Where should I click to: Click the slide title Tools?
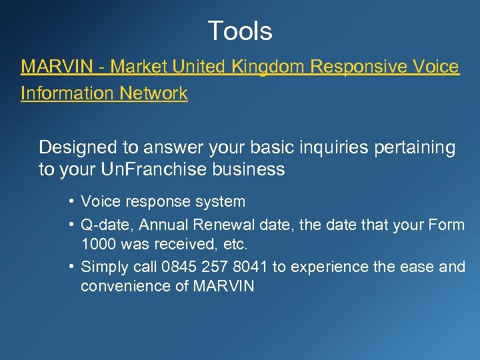pyautogui.click(x=240, y=31)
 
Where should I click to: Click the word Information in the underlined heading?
pyautogui.click(x=67, y=93)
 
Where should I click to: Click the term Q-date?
pyautogui.click(x=103, y=225)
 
